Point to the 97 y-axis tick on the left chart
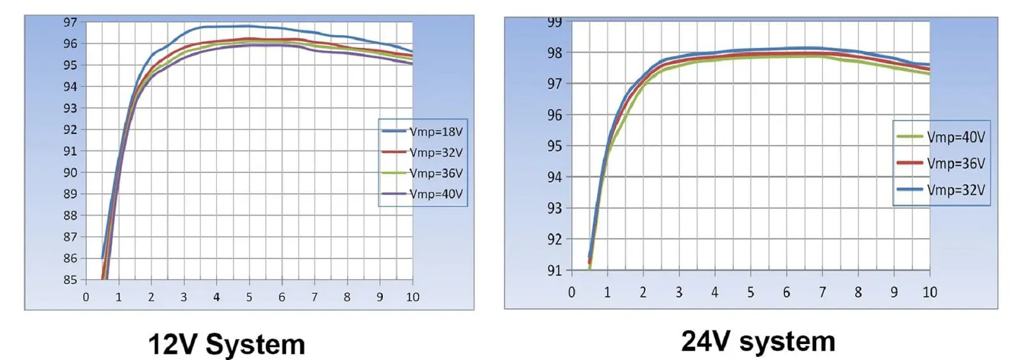pos(70,22)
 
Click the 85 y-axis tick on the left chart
pos(70,280)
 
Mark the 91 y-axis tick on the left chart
pos(70,151)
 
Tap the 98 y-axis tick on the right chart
pos(555,53)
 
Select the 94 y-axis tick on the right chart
pos(555,177)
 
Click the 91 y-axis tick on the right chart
pos(555,271)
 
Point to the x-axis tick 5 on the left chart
pos(249,297)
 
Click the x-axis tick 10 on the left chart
pos(412,297)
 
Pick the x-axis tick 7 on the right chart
pos(822,292)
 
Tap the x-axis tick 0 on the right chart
pos(572,292)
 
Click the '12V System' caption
pos(227,345)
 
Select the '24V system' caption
pos(758,341)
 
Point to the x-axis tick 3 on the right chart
pos(679,292)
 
